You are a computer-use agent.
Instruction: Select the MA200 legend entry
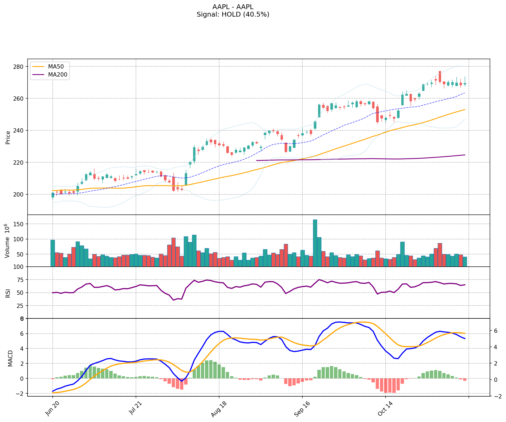pos(58,75)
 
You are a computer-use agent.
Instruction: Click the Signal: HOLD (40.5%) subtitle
pos(233,14)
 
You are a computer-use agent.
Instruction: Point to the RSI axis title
pos(8,293)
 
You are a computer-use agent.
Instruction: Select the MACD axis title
pos(10,358)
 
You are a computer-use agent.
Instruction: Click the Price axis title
pos(8,138)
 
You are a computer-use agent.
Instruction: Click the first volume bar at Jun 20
pos(53,253)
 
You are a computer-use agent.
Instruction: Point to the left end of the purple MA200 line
pos(257,160)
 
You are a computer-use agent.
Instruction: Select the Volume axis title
pos(7,241)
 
